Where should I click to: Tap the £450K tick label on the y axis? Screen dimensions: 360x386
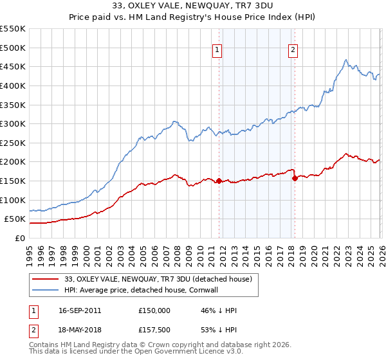pos(12,66)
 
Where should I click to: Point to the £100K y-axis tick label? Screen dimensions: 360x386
pos(12,200)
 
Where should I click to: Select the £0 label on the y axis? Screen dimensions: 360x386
pos(19,238)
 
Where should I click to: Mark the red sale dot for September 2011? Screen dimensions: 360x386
pos(219,181)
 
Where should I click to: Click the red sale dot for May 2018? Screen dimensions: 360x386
pos(295,178)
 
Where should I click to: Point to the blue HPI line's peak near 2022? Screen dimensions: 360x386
pos(345,60)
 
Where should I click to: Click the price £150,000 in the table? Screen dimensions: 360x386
pos(154,310)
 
